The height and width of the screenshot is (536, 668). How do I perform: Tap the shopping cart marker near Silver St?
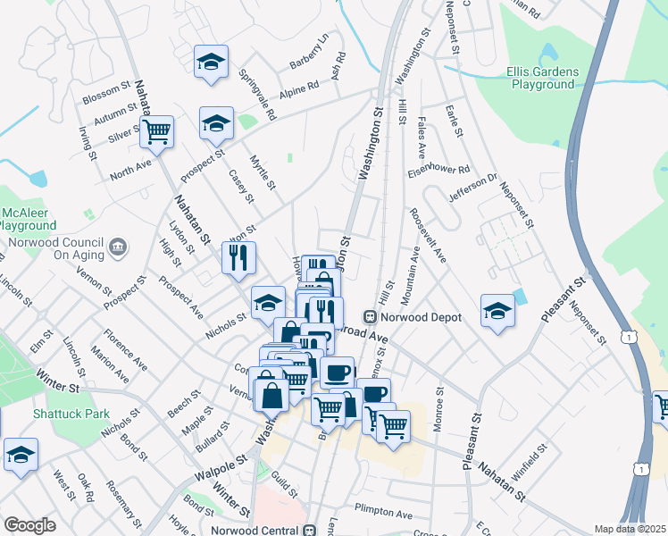coord(156,130)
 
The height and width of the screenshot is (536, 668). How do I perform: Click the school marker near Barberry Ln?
coord(211,62)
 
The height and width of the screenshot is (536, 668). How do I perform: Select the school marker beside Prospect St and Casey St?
coord(216,123)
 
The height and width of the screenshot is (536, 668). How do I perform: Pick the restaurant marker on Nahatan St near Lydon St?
coord(238,258)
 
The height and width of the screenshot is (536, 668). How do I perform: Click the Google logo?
coord(29,525)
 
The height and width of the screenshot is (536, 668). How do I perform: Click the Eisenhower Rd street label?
coord(438,170)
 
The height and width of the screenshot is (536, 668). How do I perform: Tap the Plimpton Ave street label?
coord(383,515)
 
